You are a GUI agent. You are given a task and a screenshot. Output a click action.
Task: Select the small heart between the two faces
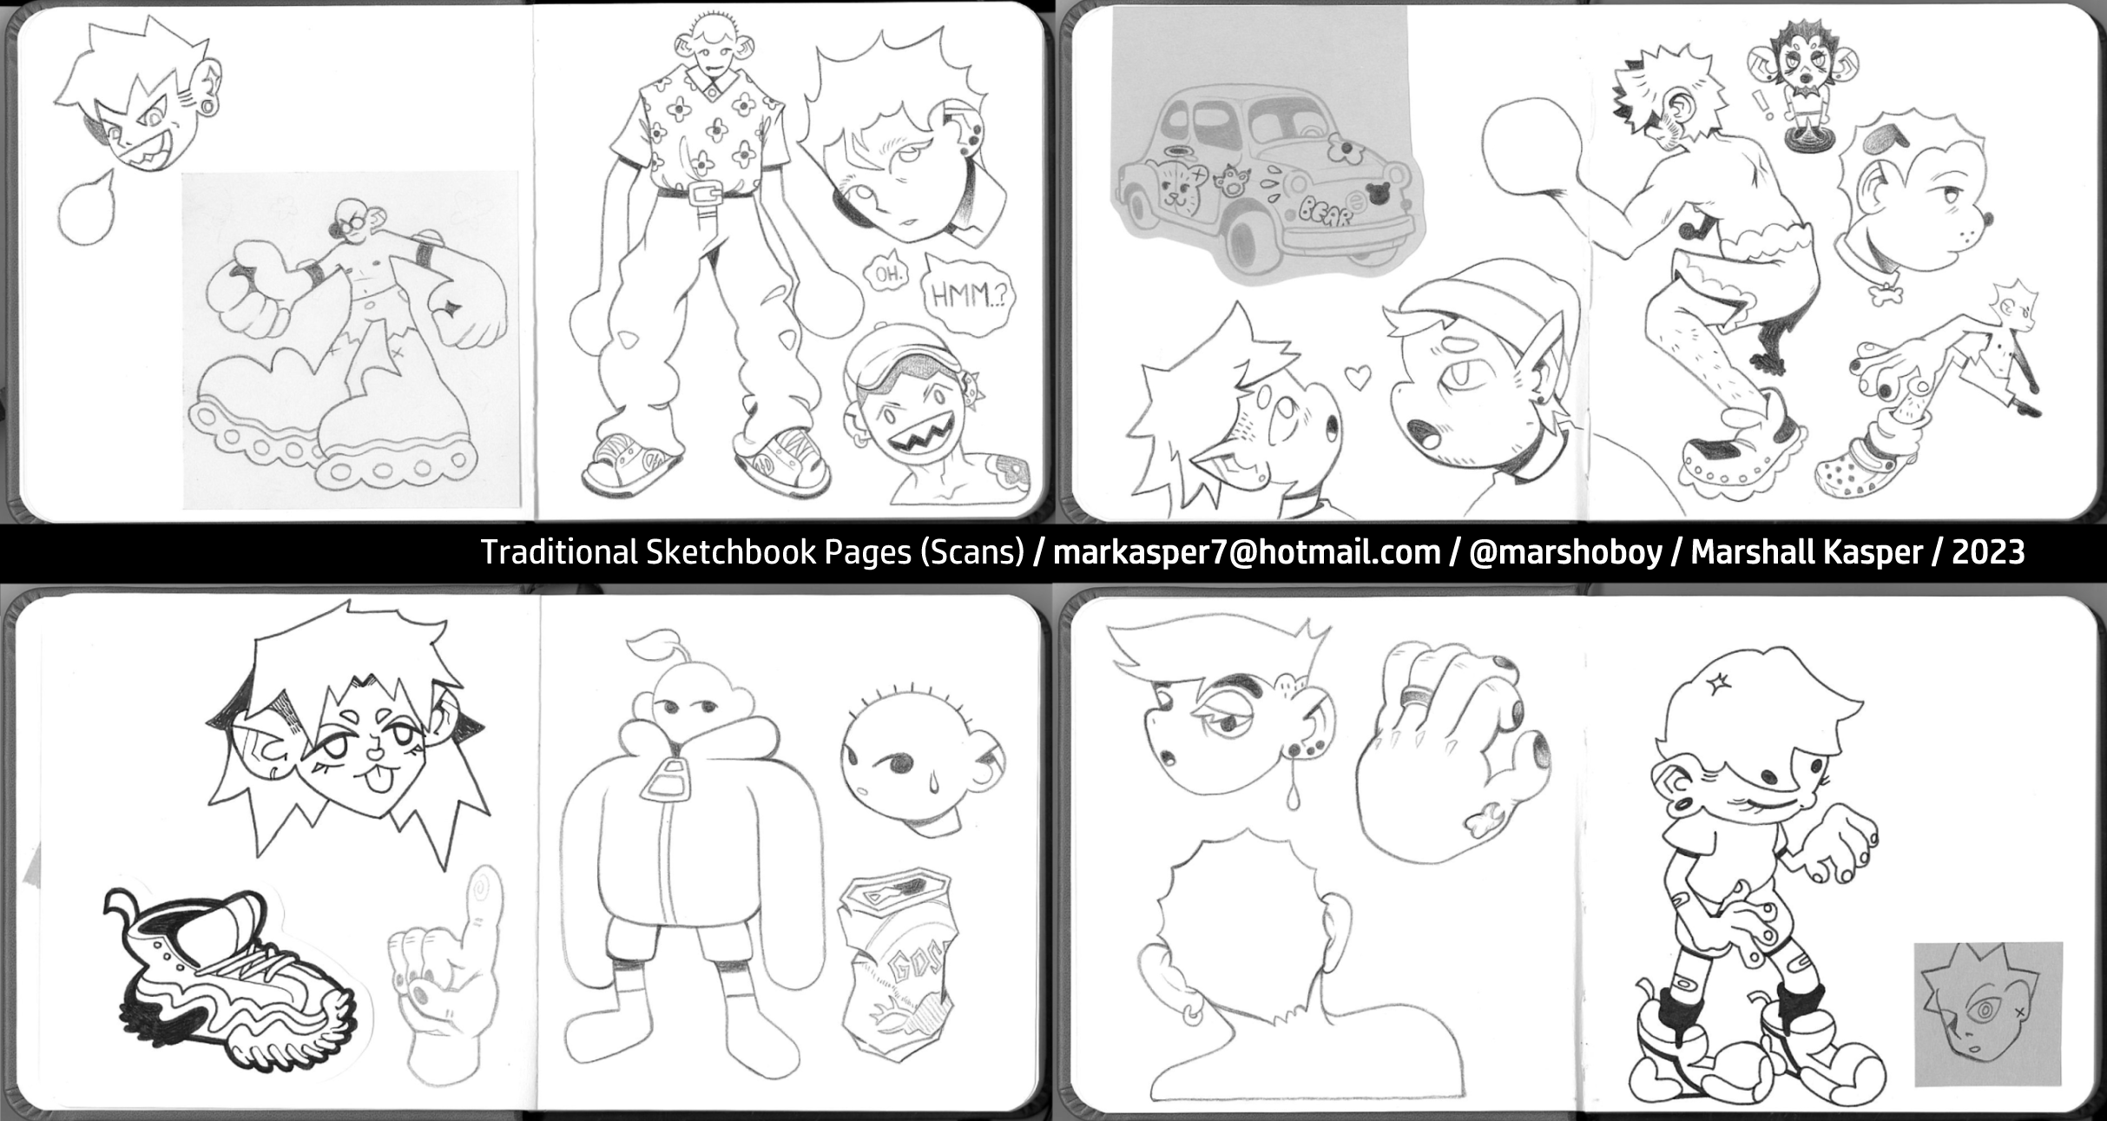point(1357,376)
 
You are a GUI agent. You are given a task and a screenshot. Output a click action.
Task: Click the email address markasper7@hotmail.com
point(1247,552)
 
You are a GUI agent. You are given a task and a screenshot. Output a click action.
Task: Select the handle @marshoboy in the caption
point(1564,552)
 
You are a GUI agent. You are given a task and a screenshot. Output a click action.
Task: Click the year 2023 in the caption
point(1988,552)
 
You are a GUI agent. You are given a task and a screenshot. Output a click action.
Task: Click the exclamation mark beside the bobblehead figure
point(1761,105)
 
